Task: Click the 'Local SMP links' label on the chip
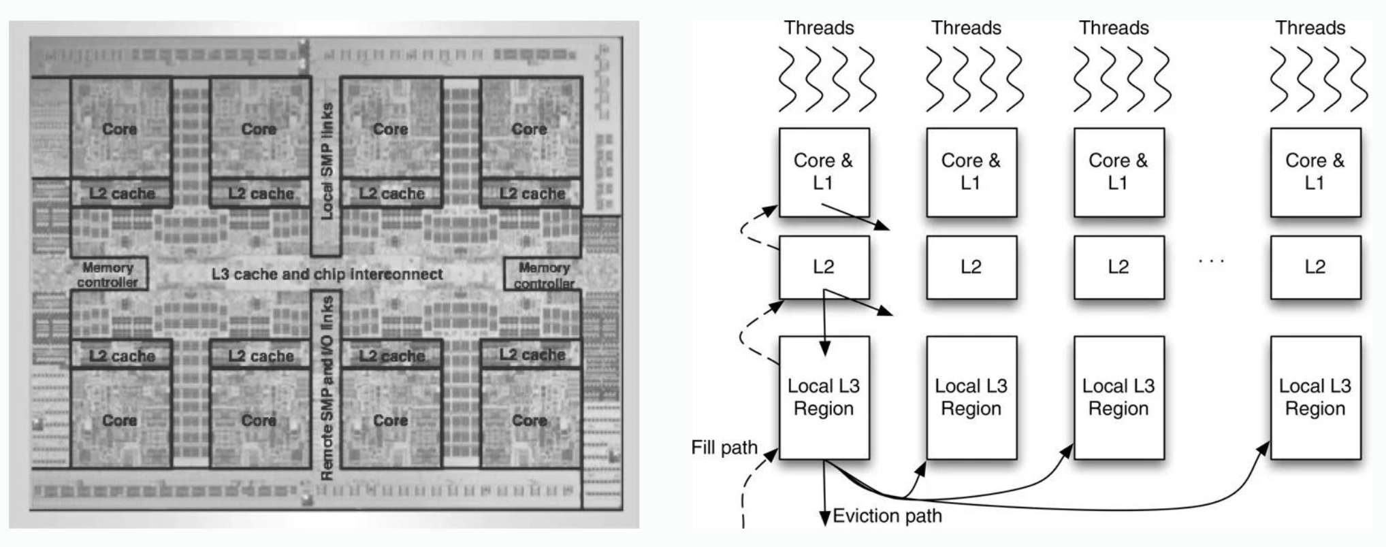click(x=327, y=161)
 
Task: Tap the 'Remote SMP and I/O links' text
click(x=327, y=386)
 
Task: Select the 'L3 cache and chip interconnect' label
click(x=327, y=274)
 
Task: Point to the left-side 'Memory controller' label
click(x=108, y=275)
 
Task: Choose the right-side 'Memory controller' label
click(x=544, y=275)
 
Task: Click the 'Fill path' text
click(x=724, y=448)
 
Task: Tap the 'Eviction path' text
click(x=887, y=516)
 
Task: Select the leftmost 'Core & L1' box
click(x=824, y=172)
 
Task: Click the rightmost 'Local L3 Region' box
click(x=1315, y=397)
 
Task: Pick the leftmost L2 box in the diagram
click(x=824, y=267)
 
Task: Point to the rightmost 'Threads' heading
click(x=1310, y=28)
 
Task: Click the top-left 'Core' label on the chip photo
click(x=119, y=129)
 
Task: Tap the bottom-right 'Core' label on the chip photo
click(x=530, y=420)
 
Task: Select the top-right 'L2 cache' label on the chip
click(x=532, y=194)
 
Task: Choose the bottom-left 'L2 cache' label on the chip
click(x=122, y=356)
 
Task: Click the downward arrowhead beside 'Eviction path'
click(x=825, y=518)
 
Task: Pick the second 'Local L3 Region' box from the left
click(x=971, y=397)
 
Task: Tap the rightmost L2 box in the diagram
click(x=1315, y=267)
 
